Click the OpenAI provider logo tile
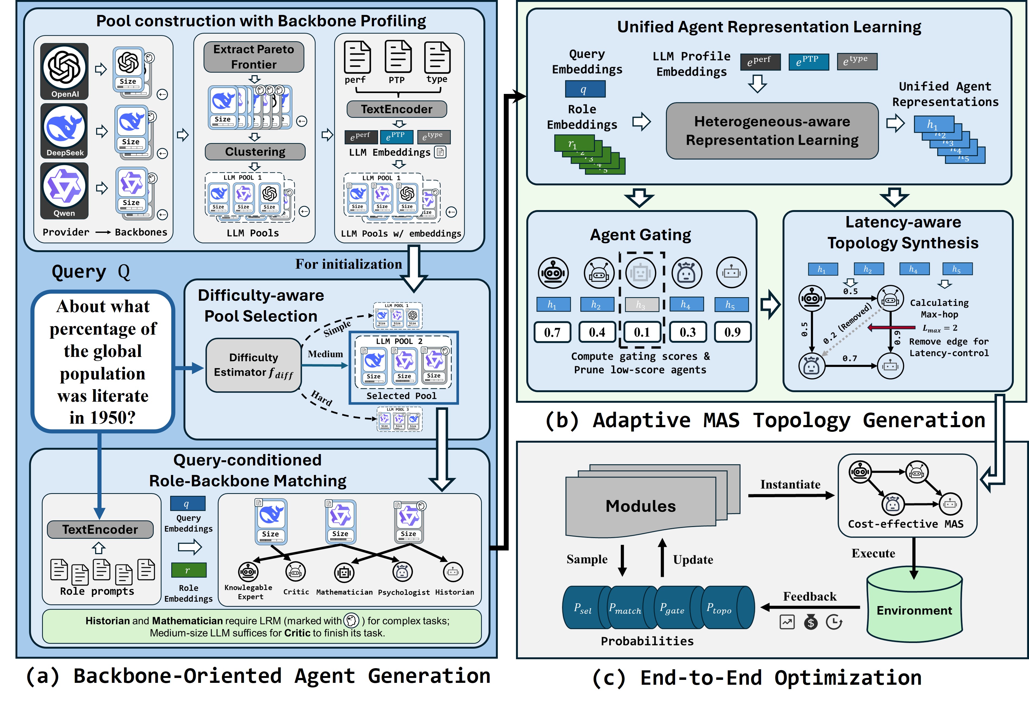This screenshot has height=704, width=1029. [x=65, y=71]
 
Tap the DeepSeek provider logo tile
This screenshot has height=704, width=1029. [x=65, y=131]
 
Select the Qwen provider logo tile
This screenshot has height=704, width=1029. [x=65, y=191]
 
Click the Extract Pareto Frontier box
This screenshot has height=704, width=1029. [x=254, y=57]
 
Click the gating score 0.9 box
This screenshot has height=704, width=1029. [x=732, y=332]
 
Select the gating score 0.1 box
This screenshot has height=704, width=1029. [x=642, y=332]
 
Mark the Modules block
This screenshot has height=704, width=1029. [x=640, y=506]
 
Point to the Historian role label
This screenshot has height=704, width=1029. [x=454, y=592]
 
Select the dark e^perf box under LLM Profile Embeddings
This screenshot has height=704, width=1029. [x=760, y=62]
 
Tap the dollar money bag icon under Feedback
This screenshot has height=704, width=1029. [x=811, y=623]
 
